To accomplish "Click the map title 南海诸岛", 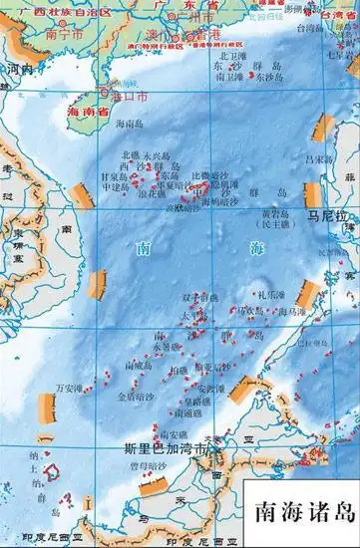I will point(304,511).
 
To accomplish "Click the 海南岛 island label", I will point(132,124).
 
